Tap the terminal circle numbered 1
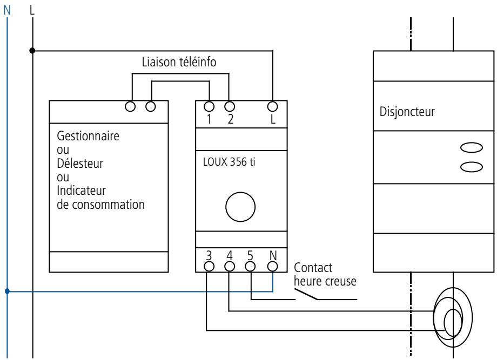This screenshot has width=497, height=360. point(209,105)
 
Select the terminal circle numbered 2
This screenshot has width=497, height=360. point(230,105)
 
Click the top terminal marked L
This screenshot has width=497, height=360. point(273,105)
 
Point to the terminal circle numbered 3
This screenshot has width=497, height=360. point(207,265)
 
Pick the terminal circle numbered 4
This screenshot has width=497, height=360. point(230,265)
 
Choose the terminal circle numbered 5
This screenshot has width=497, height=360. point(250,265)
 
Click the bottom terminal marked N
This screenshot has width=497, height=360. point(273,265)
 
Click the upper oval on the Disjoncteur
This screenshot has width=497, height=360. point(471,148)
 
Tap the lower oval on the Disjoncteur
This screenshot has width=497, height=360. point(471,167)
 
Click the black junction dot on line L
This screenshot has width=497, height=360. point(33,51)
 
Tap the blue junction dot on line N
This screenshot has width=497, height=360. point(8,292)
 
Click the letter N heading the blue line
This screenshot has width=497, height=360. point(7,9)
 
